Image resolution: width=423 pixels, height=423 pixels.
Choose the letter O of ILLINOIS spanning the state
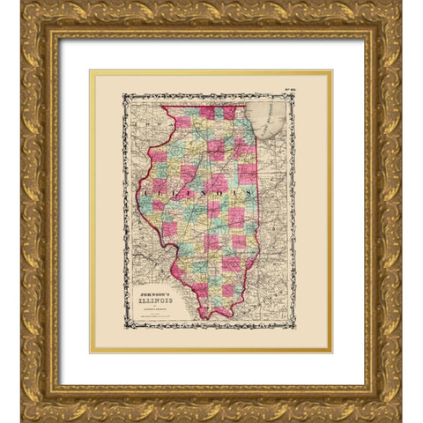click(219, 190)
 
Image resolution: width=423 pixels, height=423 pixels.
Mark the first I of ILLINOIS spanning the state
click(143, 188)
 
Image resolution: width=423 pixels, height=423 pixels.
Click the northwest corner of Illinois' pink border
click(161, 108)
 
